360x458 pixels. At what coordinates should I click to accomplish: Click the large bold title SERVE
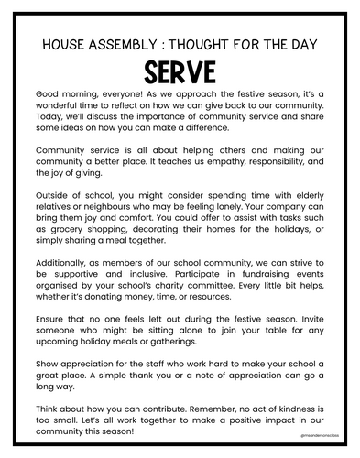click(180, 71)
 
